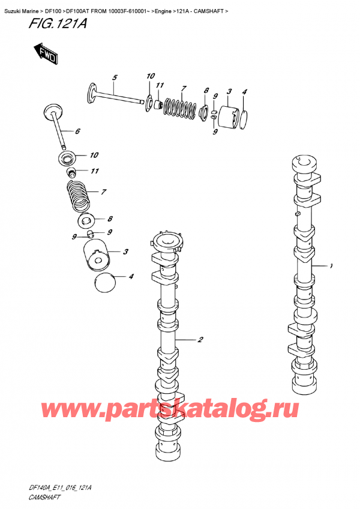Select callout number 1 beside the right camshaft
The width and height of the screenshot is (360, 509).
(331, 266)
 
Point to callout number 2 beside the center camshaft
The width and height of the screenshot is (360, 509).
(200, 340)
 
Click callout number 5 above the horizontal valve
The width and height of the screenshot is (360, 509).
(115, 77)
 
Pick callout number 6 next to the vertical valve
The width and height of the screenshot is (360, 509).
(77, 131)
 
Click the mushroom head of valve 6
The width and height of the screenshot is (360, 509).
(52, 112)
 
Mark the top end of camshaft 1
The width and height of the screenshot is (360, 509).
(303, 164)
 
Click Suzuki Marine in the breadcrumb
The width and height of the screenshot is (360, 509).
(20, 5)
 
